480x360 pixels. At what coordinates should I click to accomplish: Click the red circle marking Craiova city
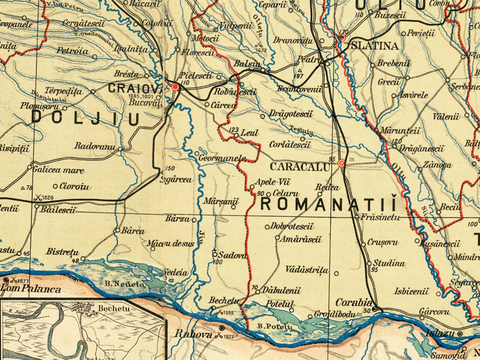tap(175, 87)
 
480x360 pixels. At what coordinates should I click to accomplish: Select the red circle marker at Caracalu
tap(341, 163)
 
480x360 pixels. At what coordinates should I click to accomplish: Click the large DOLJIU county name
tap(85, 118)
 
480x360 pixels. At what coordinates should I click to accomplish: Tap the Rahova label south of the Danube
tap(193, 334)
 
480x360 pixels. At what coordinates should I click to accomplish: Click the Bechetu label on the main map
tap(224, 300)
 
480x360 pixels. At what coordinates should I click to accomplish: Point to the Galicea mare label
tap(58, 169)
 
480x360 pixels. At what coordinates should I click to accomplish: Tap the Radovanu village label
tap(95, 146)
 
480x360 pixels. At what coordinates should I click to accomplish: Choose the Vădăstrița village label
tap(307, 270)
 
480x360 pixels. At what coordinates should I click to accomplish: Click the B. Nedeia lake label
tap(125, 283)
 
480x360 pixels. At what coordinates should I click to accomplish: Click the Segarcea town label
tap(176, 179)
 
